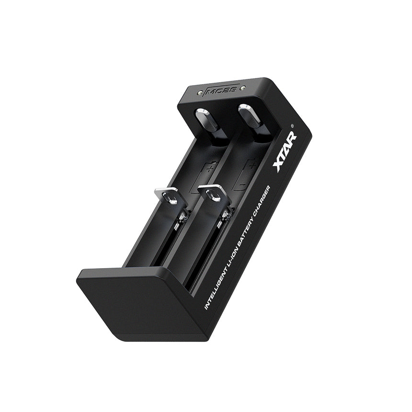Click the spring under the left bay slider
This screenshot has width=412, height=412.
click(181, 220)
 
